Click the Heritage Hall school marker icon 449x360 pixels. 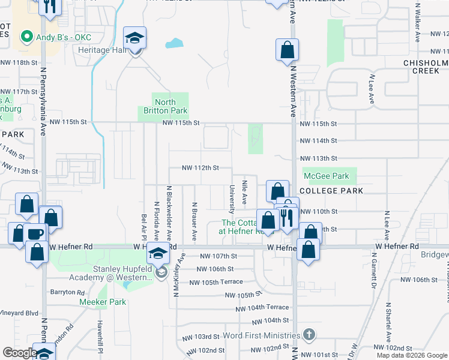pyautogui.click(x=135, y=38)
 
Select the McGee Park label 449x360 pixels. pyautogui.click(x=327, y=176)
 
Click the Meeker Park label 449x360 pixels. pyautogui.click(x=103, y=302)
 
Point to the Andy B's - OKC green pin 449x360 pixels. pyautogui.click(x=26, y=38)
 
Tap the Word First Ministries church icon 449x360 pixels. pyautogui.click(x=309, y=334)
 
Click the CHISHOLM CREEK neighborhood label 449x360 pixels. pyautogui.click(x=426, y=67)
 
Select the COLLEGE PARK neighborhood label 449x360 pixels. pyautogui.click(x=331, y=191)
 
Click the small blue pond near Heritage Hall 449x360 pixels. pyautogui.click(x=173, y=43)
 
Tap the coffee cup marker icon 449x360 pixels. pyautogui.click(x=35, y=233)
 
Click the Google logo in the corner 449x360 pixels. pyautogui.click(x=20, y=352)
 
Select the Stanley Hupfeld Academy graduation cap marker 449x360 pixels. pyautogui.click(x=159, y=254)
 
